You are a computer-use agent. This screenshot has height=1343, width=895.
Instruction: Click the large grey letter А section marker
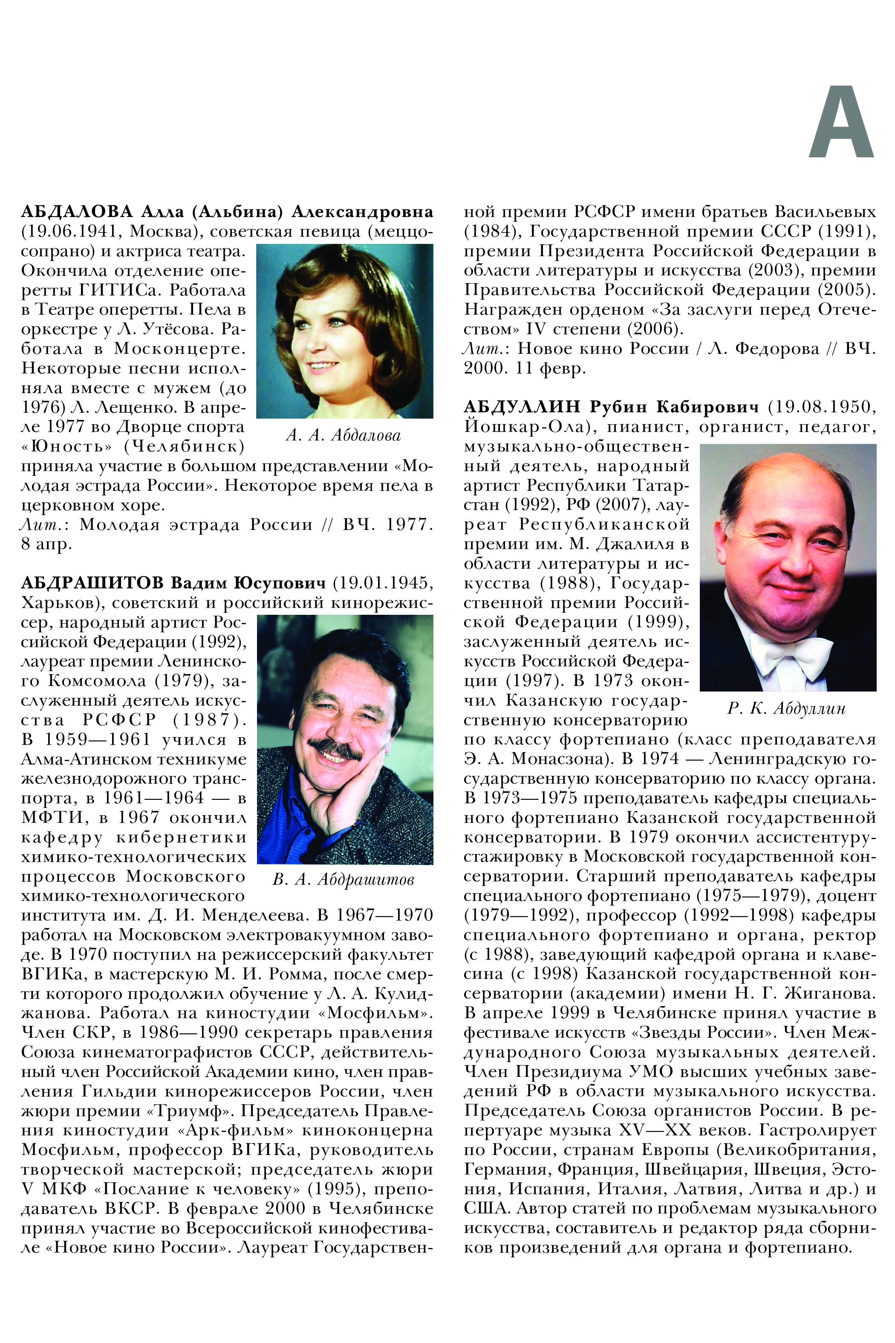tap(841, 122)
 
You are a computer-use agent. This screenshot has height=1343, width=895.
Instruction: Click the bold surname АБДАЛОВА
tap(77, 212)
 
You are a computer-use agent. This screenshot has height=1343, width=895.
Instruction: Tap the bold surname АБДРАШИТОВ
tap(92, 583)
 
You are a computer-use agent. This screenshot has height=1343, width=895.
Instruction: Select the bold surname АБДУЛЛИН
tap(522, 407)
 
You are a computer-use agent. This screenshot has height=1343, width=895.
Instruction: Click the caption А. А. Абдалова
tap(343, 436)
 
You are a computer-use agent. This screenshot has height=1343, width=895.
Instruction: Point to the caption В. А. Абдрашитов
tap(343, 880)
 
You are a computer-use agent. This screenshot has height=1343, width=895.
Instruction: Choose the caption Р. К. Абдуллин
tap(786, 709)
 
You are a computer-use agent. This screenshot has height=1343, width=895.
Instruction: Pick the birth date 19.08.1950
tap(822, 407)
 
